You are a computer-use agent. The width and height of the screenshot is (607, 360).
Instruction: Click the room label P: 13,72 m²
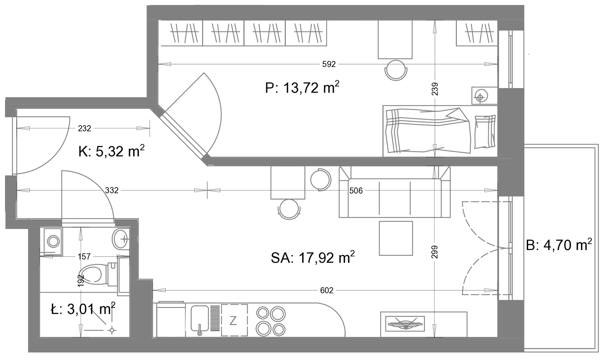point(302,87)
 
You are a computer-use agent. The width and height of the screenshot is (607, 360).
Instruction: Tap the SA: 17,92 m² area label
point(313,257)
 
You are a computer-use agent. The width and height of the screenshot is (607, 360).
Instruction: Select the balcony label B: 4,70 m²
point(559,245)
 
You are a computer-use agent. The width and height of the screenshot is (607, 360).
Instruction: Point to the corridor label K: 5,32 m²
point(112,151)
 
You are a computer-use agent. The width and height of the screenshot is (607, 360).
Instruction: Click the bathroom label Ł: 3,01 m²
point(83,309)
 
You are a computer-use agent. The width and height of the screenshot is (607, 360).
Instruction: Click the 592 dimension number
point(329,64)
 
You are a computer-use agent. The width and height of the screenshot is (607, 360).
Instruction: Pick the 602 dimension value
point(326,290)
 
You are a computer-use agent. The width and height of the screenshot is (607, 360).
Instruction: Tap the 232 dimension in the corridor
point(84,128)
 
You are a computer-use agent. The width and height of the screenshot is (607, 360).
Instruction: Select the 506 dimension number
point(356,191)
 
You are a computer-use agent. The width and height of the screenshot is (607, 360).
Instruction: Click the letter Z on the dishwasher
point(233,320)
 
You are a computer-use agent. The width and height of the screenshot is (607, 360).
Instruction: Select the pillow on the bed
point(485,132)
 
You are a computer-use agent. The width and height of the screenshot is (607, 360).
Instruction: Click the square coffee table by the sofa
point(396,238)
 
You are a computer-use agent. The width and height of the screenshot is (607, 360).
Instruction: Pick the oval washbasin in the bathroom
point(120,239)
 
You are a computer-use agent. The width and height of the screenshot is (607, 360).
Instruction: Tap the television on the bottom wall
point(405,324)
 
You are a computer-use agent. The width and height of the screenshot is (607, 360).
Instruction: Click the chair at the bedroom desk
point(396,70)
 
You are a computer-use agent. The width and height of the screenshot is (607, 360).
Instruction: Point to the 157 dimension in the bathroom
point(84,256)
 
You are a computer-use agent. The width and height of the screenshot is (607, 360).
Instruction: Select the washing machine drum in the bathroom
point(53,241)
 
